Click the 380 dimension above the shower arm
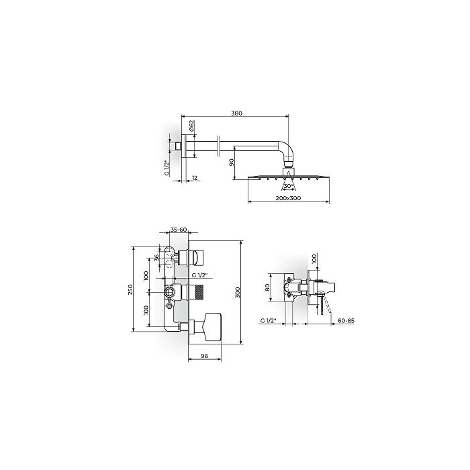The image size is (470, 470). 236,113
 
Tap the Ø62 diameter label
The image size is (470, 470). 192,126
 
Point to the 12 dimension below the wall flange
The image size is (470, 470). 195,178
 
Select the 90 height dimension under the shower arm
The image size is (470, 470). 232,162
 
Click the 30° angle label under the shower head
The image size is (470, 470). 287,186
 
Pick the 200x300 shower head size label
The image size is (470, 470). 288,198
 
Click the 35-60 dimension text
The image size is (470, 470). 179,230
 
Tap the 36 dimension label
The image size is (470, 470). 156,258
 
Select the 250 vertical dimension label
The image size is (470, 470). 130,289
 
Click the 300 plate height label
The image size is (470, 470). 238,293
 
